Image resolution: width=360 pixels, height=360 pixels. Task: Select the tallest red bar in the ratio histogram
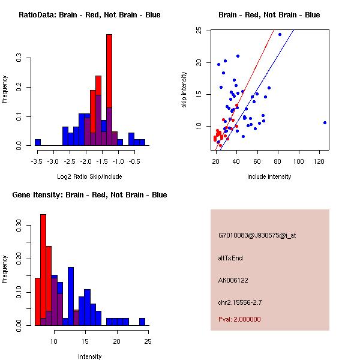tap(109, 90)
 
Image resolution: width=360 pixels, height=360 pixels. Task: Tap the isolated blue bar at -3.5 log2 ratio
tap(37, 143)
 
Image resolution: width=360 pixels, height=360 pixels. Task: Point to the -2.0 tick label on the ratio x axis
tap(85, 161)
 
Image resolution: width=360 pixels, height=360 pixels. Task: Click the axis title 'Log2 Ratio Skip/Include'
tap(89, 176)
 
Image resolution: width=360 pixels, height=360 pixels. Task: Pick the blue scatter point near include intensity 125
tap(325, 122)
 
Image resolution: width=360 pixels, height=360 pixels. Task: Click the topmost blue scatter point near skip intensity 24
tap(280, 34)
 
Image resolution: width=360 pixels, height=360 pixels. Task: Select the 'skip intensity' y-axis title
tap(184, 90)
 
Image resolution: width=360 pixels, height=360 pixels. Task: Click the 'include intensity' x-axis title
tap(269, 176)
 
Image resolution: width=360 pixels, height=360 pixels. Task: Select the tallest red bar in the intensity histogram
tap(43, 270)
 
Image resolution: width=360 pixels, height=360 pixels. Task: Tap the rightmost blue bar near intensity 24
tap(142, 322)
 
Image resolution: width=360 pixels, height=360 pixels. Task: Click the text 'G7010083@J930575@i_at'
tap(257, 235)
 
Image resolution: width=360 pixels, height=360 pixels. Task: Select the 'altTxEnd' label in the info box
tap(230, 258)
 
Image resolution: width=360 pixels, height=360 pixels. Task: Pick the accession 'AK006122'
tap(234, 280)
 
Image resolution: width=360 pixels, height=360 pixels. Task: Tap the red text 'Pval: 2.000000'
tap(239, 319)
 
